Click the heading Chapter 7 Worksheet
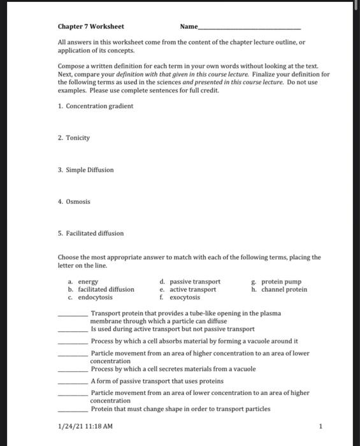(x=90, y=27)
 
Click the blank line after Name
(x=249, y=28)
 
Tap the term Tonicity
(x=78, y=138)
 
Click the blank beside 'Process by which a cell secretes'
(x=73, y=370)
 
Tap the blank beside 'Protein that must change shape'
(x=73, y=409)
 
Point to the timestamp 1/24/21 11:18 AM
(x=85, y=426)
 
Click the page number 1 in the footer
(x=321, y=426)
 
